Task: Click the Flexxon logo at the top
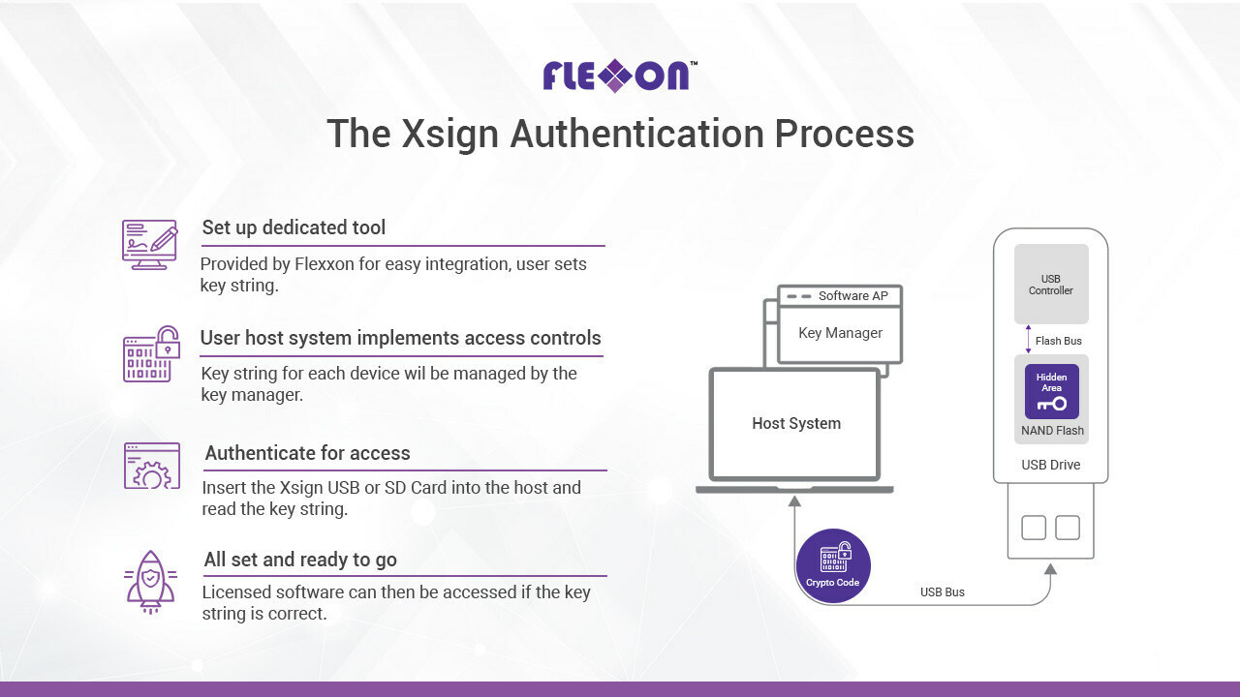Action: tap(619, 76)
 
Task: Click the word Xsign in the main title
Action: tap(449, 135)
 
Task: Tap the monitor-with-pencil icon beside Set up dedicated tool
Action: tap(149, 245)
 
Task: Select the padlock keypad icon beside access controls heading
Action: tap(151, 354)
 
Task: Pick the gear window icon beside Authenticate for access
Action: tap(152, 466)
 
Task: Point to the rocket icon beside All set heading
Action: tap(150, 582)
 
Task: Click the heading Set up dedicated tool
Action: tap(294, 227)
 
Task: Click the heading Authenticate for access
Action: tap(307, 453)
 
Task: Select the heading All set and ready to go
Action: tap(300, 560)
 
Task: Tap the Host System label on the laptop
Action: tap(796, 423)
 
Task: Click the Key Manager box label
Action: tap(840, 333)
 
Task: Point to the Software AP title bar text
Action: tap(853, 296)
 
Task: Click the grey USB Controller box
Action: tap(1051, 284)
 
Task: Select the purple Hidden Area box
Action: tap(1052, 391)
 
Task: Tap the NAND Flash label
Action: tap(1052, 431)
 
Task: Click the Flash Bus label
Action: tap(1059, 341)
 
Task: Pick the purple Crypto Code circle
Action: tap(833, 566)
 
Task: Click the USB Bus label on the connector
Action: tap(943, 591)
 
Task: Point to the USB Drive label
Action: tap(1051, 465)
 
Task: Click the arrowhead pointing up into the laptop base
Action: tap(795, 500)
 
